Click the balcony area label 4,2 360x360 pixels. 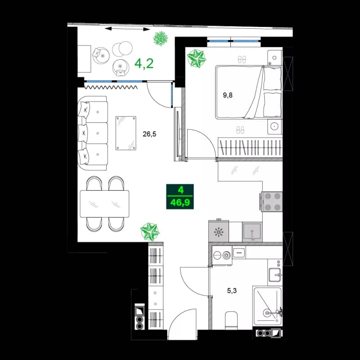click(x=144, y=63)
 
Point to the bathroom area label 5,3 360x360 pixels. click(x=232, y=290)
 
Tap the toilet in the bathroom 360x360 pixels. click(x=231, y=319)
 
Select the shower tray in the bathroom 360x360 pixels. click(x=267, y=306)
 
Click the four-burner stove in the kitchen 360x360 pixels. click(x=271, y=201)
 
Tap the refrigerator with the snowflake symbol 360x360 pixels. click(x=219, y=232)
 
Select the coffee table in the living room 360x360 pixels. click(x=126, y=133)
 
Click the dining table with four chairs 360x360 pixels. click(x=104, y=204)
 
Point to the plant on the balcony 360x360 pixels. click(x=159, y=39)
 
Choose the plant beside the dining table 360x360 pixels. click(x=149, y=231)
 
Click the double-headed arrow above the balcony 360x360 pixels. click(x=127, y=29)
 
